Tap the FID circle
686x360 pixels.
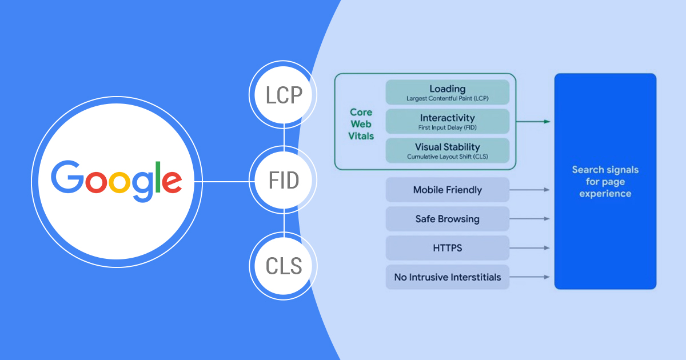(284, 181)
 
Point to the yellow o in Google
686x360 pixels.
(119, 181)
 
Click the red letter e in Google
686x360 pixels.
(171, 181)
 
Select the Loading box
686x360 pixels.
(447, 92)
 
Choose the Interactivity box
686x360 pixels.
(447, 121)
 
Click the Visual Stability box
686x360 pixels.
(447, 150)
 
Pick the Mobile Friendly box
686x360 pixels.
(447, 190)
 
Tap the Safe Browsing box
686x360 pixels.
(447, 219)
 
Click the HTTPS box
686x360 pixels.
(447, 248)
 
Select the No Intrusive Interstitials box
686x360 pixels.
(447, 277)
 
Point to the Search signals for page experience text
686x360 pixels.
(605, 182)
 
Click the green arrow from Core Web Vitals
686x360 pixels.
(533, 121)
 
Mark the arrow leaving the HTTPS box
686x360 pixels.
(529, 248)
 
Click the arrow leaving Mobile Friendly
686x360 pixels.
(529, 190)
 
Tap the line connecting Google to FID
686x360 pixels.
(226, 182)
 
